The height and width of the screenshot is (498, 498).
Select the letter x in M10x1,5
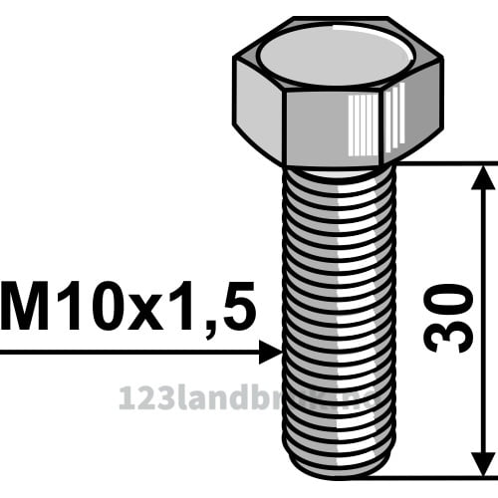(x=145, y=311)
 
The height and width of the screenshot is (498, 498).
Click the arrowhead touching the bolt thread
(x=271, y=351)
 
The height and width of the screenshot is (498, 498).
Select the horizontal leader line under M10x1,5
(x=129, y=351)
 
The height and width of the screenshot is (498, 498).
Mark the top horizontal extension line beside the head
(x=448, y=162)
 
